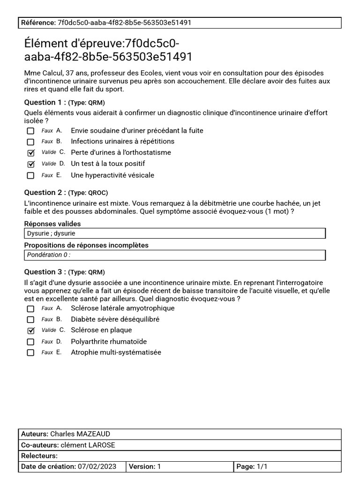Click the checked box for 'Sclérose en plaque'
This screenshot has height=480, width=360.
[31, 330]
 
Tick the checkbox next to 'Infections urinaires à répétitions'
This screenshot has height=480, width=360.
[31, 142]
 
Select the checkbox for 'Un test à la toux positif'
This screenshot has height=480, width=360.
[31, 164]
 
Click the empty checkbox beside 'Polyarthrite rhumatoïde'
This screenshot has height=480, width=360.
[31, 342]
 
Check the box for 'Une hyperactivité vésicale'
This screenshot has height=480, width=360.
[31, 175]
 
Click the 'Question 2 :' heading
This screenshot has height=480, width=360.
[45, 193]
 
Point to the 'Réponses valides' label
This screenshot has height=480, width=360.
[52, 224]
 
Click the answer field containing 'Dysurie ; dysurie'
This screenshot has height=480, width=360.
[174, 233]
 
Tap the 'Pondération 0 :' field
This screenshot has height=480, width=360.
[174, 255]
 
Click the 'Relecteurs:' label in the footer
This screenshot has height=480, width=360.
[39, 456]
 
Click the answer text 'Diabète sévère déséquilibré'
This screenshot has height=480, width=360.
[115, 319]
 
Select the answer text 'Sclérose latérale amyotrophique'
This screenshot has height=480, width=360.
[122, 308]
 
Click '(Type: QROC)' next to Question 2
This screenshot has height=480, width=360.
[88, 193]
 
